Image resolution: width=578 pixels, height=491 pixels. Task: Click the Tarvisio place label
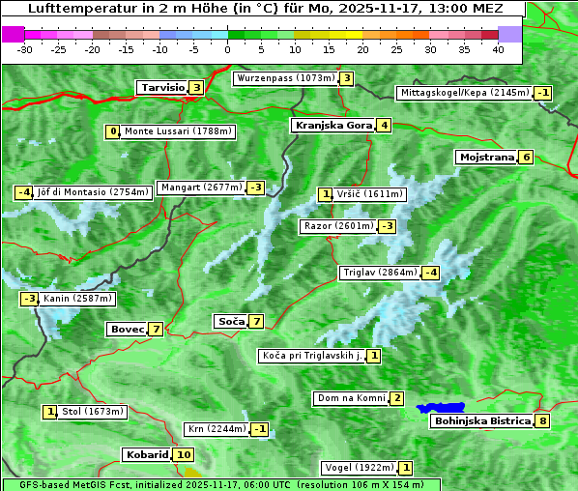(161, 87)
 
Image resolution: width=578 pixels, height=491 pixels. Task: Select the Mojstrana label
(487, 157)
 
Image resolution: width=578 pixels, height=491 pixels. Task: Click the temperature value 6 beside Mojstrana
(526, 157)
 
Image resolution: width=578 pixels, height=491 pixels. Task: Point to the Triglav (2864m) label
(380, 273)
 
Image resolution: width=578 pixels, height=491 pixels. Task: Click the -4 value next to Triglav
(431, 273)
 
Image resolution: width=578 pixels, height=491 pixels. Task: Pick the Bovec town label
(127, 329)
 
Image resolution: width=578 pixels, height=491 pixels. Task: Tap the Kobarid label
(146, 454)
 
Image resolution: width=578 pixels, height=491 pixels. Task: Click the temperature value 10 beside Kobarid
(184, 454)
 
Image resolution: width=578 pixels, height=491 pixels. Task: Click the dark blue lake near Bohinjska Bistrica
(441, 408)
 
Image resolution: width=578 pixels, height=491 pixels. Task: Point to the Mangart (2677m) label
(201, 188)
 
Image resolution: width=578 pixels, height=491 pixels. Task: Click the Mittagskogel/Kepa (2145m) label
(465, 93)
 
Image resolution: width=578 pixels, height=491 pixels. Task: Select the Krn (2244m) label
(216, 429)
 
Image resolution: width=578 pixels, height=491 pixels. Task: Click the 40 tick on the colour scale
(498, 49)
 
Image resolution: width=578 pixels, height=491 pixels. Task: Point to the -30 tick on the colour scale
(25, 49)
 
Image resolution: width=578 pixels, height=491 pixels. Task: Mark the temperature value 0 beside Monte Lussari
(113, 131)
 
